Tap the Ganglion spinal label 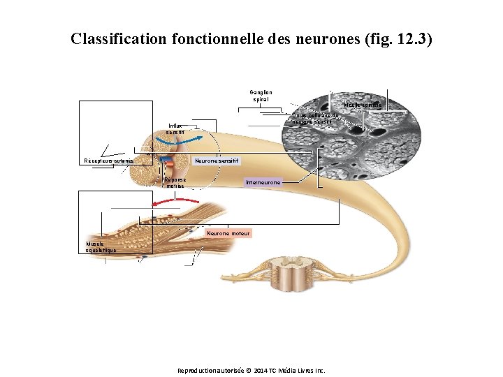coord(261,96)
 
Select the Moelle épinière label coord(363,105)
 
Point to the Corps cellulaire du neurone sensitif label coord(315,119)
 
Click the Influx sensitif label coord(175,129)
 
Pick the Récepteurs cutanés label coord(108,161)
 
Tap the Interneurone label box coord(263,183)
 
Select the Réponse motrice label coord(175,183)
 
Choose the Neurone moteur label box coord(228,233)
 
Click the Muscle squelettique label coord(96,246)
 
